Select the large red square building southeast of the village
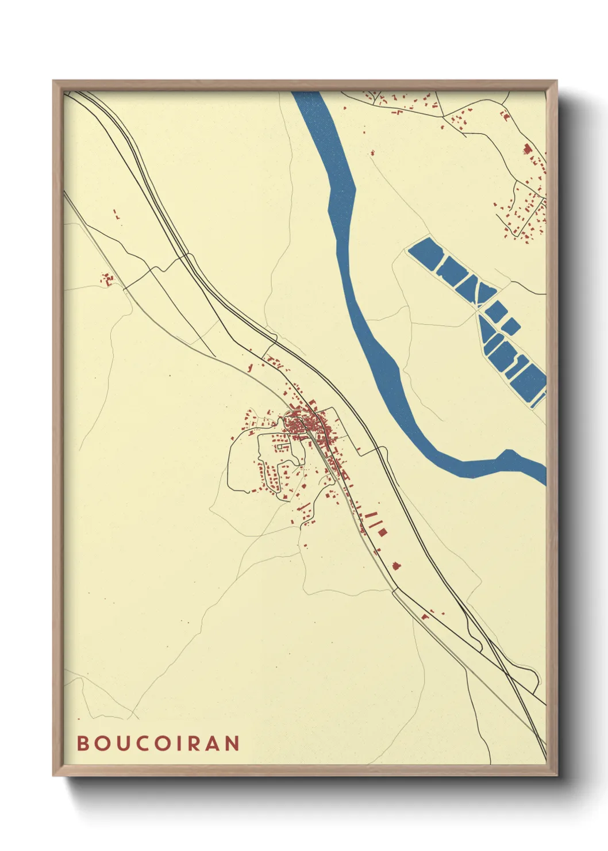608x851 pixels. [382, 532]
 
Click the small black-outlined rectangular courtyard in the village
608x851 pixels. [282, 446]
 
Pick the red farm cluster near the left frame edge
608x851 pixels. [107, 280]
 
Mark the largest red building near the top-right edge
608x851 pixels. [527, 149]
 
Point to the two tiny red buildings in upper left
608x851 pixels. [117, 215]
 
